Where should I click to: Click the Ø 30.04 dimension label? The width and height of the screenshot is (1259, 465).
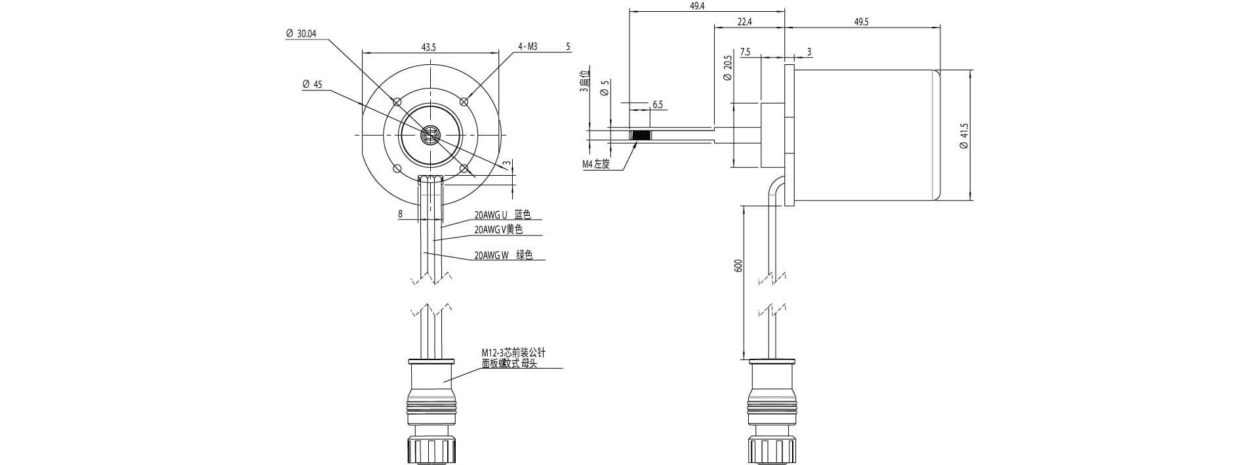tap(302, 34)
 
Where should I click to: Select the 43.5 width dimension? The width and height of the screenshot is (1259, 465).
tap(429, 47)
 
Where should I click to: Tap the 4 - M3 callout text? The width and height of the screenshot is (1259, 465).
tap(528, 47)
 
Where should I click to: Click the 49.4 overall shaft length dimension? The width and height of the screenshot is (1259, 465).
tap(698, 6)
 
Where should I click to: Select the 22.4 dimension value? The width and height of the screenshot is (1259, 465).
tap(744, 22)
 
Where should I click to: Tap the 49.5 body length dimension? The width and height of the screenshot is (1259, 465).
tap(861, 22)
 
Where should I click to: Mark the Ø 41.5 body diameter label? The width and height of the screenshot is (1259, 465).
tap(963, 135)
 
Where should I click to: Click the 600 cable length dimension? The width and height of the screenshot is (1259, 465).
tap(738, 266)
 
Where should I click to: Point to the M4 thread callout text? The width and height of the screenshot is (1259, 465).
tap(596, 165)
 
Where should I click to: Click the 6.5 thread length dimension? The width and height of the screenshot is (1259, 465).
tap(658, 105)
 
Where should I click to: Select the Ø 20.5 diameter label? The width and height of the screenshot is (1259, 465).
tap(727, 68)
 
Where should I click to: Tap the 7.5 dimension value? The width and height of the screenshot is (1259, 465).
tap(745, 52)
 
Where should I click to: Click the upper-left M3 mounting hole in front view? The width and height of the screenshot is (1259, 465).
tap(396, 102)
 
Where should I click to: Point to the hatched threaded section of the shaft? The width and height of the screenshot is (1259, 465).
tap(641, 136)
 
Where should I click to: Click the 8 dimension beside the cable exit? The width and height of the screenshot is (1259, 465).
tap(400, 214)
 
